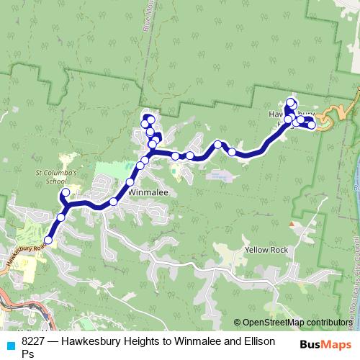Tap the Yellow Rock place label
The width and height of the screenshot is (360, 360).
pyautogui.click(x=266, y=250)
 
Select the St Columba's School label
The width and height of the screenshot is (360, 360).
pyautogui.click(x=55, y=177)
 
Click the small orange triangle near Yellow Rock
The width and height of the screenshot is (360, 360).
pyautogui.click(x=291, y=225)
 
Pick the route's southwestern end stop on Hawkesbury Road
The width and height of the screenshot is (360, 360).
pyautogui.click(x=48, y=240)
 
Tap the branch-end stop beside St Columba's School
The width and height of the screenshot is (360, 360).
pyautogui.click(x=66, y=193)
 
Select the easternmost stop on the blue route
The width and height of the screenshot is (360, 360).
pyautogui.click(x=312, y=125)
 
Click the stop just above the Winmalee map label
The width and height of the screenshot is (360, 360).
pyautogui.click(x=130, y=182)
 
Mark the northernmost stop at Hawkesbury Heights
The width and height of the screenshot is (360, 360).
pyautogui.click(x=291, y=102)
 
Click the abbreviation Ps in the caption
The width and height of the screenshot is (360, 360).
pyautogui.click(x=28, y=354)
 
